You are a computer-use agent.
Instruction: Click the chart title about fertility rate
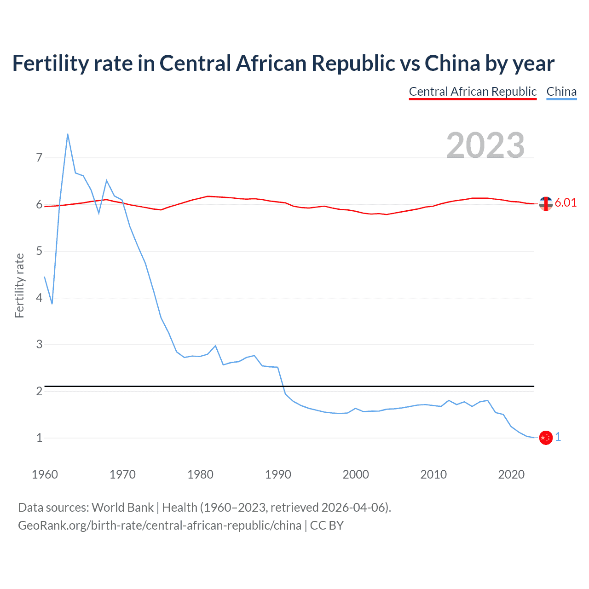283,64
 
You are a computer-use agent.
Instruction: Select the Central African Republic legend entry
473,92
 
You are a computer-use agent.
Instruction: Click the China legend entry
561,92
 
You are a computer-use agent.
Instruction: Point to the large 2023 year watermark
485,145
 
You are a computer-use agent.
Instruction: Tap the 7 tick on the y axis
39,158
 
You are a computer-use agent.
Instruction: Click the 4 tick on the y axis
39,298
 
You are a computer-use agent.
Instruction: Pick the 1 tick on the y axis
39,438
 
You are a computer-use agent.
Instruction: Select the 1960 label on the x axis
45,474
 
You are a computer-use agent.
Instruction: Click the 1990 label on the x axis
278,474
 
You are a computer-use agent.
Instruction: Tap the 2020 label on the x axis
511,474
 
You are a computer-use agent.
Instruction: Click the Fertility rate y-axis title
19,285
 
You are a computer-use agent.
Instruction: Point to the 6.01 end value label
566,203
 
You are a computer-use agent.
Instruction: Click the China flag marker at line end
546,438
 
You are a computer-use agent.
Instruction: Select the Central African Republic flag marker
546,203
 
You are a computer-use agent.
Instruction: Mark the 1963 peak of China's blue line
68,134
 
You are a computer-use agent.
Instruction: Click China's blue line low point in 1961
52,304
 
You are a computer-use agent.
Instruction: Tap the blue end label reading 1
558,437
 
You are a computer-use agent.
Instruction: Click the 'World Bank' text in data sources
122,508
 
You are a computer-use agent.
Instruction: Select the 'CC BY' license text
327,525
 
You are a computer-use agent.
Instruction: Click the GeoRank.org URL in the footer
160,525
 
